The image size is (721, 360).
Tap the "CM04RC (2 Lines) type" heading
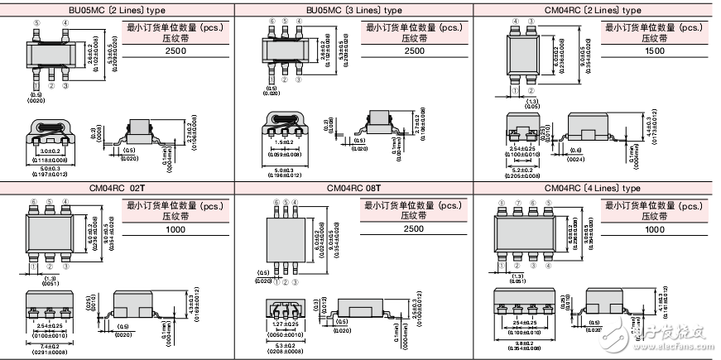(x=593, y=10)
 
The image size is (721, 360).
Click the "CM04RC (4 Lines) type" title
(x=593, y=188)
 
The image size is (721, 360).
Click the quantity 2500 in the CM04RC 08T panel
(x=415, y=228)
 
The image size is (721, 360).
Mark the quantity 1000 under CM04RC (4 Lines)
(x=656, y=228)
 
